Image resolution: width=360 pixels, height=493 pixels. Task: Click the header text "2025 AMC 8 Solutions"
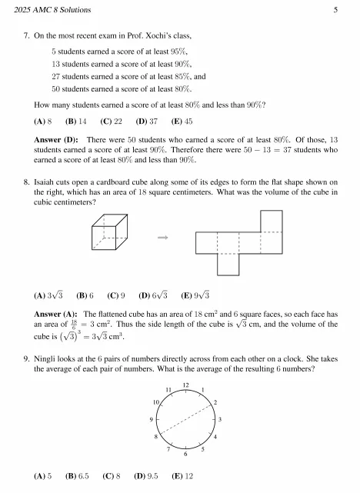[x=47, y=10]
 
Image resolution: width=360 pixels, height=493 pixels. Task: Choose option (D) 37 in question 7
[x=146, y=122]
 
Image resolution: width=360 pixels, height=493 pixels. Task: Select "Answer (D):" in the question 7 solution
[x=57, y=139]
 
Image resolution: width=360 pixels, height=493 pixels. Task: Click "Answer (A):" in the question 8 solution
[x=56, y=315]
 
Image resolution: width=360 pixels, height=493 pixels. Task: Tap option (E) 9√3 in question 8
[x=195, y=295]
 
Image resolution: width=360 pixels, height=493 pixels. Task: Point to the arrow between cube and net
[x=162, y=238]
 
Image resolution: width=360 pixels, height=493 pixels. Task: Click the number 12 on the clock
[x=185, y=384]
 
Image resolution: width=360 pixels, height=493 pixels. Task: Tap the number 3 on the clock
[x=220, y=419]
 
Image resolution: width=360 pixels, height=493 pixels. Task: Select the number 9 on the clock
[x=152, y=420]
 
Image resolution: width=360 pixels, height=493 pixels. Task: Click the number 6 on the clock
[x=185, y=455]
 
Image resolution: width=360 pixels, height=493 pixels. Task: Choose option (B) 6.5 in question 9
[x=79, y=477]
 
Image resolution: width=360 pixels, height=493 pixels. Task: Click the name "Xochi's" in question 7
[x=185, y=36]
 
